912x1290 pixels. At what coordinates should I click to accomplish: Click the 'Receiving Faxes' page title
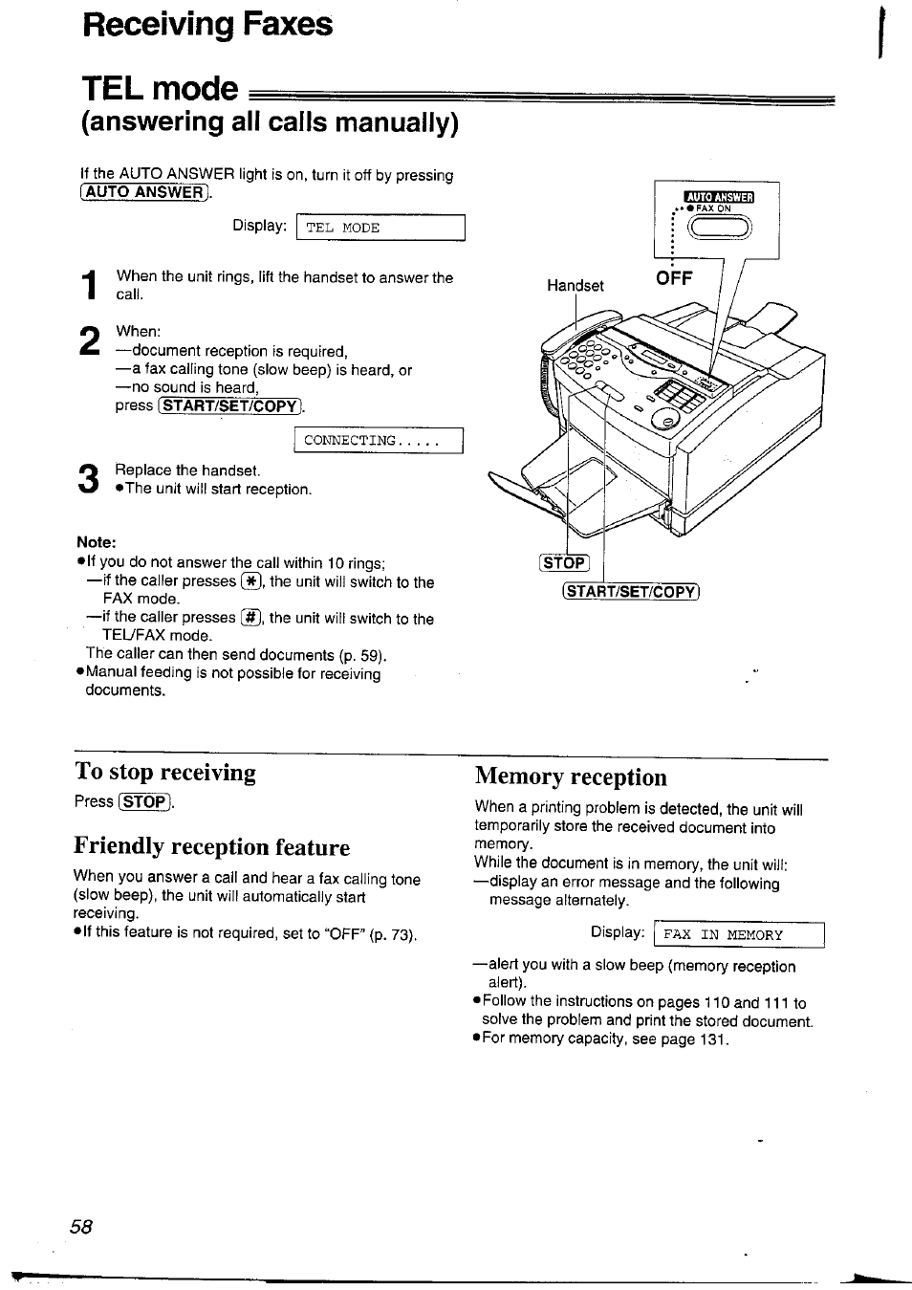(x=207, y=23)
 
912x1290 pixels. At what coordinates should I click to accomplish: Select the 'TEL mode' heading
(x=160, y=88)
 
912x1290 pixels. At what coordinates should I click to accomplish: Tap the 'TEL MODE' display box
(x=380, y=228)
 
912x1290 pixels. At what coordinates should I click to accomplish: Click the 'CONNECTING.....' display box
(x=378, y=441)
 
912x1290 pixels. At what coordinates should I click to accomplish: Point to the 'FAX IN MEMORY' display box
(x=738, y=934)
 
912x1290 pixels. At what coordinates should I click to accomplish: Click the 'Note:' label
(x=97, y=541)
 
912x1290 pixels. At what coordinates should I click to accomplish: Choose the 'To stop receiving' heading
(x=165, y=772)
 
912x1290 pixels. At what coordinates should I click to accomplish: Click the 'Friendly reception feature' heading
(x=211, y=846)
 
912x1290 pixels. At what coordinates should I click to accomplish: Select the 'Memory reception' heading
(x=571, y=776)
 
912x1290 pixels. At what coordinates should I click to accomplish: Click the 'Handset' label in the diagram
(x=575, y=285)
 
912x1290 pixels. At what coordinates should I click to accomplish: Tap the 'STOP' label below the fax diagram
(x=565, y=562)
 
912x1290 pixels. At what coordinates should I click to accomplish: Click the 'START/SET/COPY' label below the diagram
(x=632, y=591)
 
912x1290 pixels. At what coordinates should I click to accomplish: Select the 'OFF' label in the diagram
(x=674, y=278)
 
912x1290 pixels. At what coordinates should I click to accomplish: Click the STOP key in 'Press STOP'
(x=144, y=801)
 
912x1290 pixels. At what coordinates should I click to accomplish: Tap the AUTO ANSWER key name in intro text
(x=143, y=193)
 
